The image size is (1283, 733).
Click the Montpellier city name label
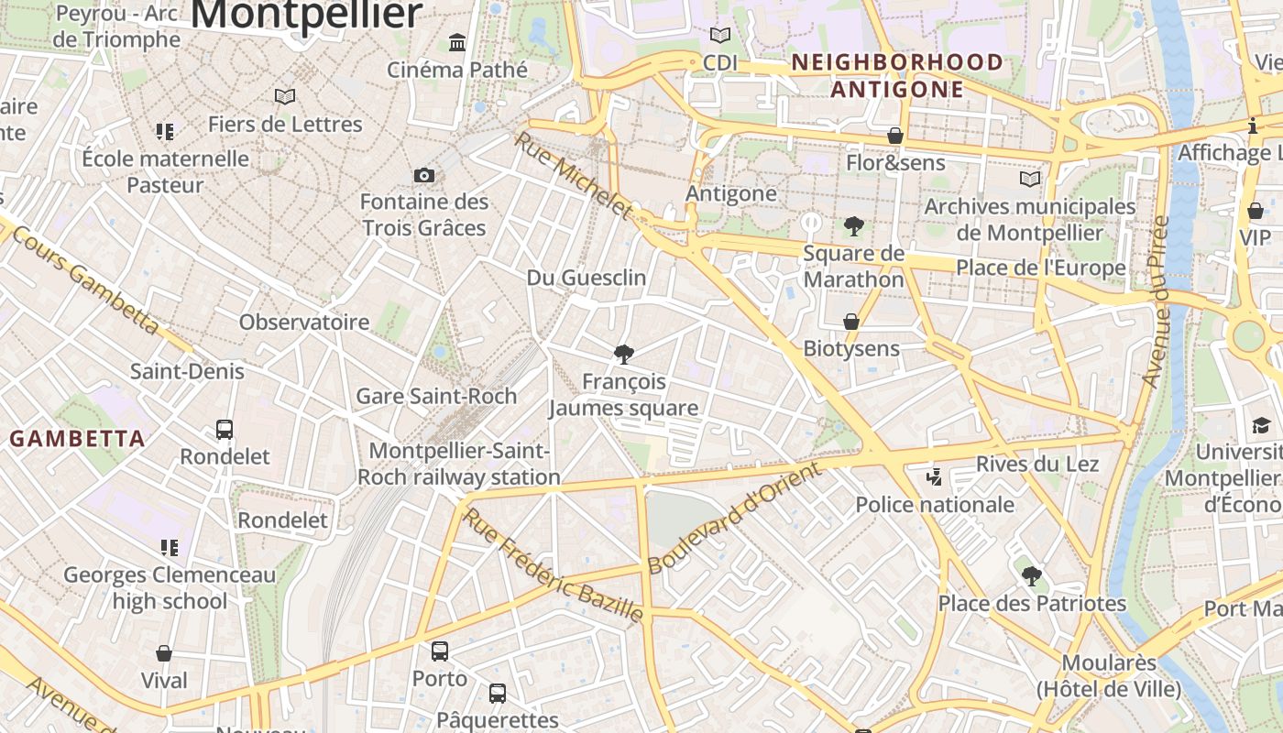click(307, 15)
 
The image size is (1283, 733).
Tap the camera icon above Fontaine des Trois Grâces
click(424, 175)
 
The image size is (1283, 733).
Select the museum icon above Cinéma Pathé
click(457, 42)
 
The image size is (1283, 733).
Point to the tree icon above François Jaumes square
click(624, 355)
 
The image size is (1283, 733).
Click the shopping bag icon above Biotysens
click(851, 322)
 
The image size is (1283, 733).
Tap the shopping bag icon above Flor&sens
click(895, 137)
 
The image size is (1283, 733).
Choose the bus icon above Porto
click(440, 651)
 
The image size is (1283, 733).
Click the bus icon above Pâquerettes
click(497, 693)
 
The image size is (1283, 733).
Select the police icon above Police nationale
click(934, 476)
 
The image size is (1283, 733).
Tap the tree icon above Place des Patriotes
click(1032, 576)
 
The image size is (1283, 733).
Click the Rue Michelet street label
click(574, 176)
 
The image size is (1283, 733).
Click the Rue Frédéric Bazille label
click(553, 565)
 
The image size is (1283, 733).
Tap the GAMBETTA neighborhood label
click(78, 439)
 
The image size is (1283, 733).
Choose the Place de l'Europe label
click(1041, 268)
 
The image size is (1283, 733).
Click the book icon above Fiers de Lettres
click(285, 96)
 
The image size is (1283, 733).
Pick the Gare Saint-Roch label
click(436, 396)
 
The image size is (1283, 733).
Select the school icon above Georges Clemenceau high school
click(169, 548)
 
